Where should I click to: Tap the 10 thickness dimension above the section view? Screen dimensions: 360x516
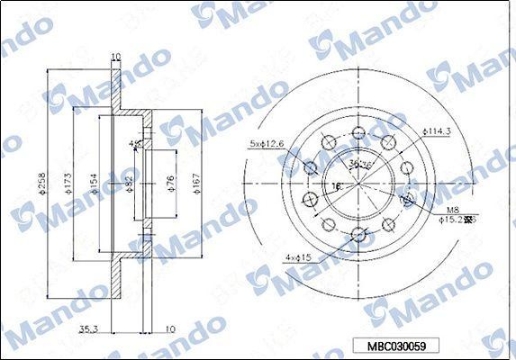[x=114, y=57]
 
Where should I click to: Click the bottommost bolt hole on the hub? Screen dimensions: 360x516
[x=358, y=236]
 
